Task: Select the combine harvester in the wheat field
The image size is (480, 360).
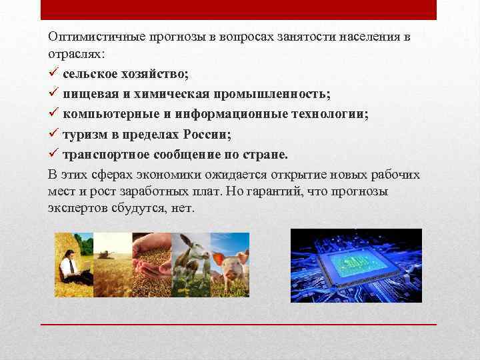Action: tap(105, 254)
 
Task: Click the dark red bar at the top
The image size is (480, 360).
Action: tap(239, 10)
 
